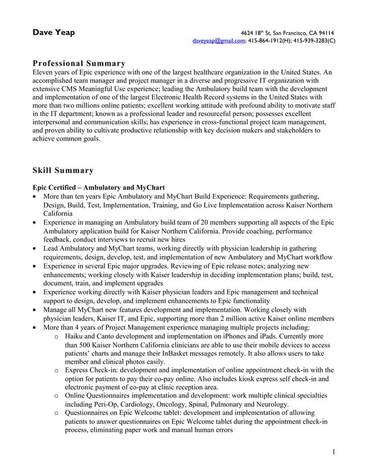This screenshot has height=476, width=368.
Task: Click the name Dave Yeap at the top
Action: pos(53,33)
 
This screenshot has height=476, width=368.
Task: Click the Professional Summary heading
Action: pos(79,63)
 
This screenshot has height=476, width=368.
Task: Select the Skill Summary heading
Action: pos(63,170)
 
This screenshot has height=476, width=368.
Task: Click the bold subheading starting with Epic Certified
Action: pos(99,187)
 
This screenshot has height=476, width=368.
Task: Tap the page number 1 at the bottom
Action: pos(333,452)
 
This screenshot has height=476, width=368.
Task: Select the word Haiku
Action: pos(76,335)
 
